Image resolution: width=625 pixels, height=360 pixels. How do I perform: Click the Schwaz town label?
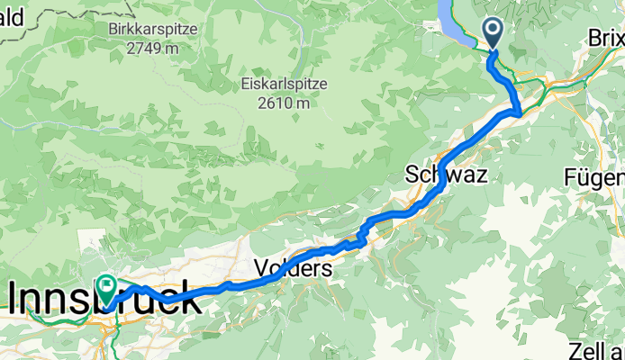[x=447, y=175]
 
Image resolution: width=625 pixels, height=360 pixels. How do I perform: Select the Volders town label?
[x=293, y=268]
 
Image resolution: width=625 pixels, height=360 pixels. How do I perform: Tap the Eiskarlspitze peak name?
[x=284, y=85]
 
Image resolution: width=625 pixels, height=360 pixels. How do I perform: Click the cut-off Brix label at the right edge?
[x=605, y=38]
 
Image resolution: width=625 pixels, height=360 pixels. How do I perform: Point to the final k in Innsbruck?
[x=189, y=298]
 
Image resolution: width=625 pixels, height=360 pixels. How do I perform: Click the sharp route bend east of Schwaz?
[x=519, y=111]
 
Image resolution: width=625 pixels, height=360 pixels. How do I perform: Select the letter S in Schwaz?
[x=413, y=175]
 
